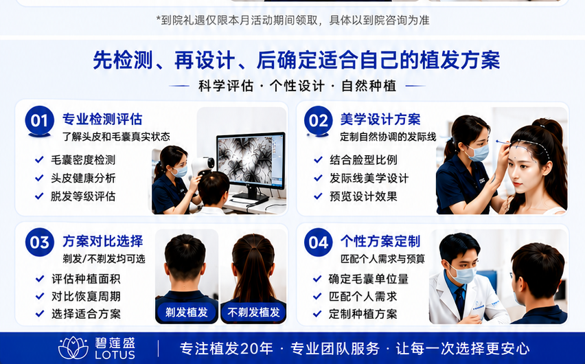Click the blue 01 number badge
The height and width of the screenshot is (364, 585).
coord(40,120)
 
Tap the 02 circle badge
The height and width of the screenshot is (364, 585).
coord(318,120)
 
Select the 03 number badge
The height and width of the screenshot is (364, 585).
coord(40,242)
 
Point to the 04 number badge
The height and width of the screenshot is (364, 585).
coord(318,242)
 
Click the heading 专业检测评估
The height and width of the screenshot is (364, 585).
coord(102,119)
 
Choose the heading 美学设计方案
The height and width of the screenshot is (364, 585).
coord(380,119)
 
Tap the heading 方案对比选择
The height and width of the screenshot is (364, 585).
coord(102,241)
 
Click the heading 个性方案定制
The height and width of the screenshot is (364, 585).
coord(380,241)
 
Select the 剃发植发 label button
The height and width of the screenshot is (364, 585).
coord(187,312)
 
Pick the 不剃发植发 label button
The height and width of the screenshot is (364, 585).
coord(253,312)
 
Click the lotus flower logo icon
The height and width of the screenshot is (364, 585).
coord(73,348)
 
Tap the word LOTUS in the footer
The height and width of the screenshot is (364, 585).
coord(115,354)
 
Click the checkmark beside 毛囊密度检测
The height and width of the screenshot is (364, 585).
coord(39,160)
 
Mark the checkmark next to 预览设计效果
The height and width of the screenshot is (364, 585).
coord(318,196)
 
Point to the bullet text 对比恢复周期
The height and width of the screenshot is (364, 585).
coord(87,297)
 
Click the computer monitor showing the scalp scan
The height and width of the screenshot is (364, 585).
coord(251,164)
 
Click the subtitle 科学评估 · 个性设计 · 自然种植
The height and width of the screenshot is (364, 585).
coord(297,86)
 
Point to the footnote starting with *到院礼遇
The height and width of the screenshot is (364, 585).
coord(292,20)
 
